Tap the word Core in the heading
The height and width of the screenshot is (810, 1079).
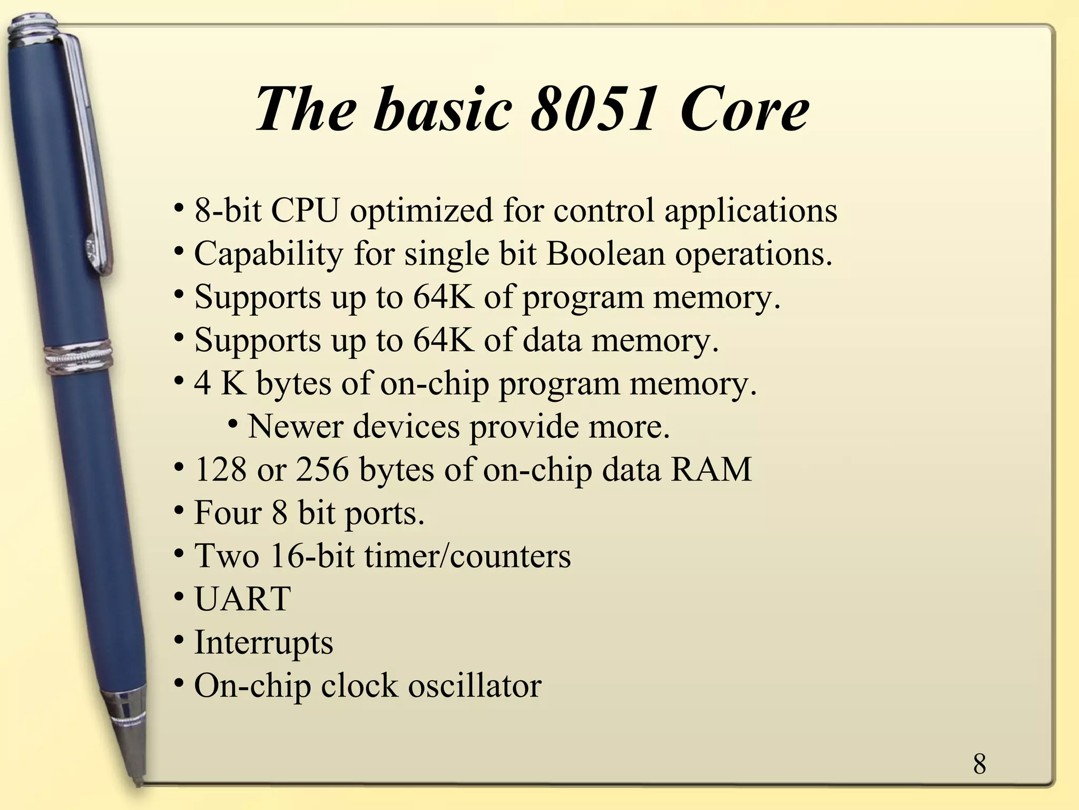[x=743, y=109]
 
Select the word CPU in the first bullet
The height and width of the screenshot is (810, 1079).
[x=304, y=210]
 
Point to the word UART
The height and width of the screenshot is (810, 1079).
[x=242, y=599]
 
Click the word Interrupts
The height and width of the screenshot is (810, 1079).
[x=263, y=643]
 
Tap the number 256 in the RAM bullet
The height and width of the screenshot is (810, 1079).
[x=322, y=469]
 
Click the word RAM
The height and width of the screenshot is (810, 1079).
[x=711, y=469]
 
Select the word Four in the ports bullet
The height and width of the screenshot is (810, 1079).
[x=228, y=513]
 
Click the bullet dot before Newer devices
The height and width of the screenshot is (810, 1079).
[x=233, y=423]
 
